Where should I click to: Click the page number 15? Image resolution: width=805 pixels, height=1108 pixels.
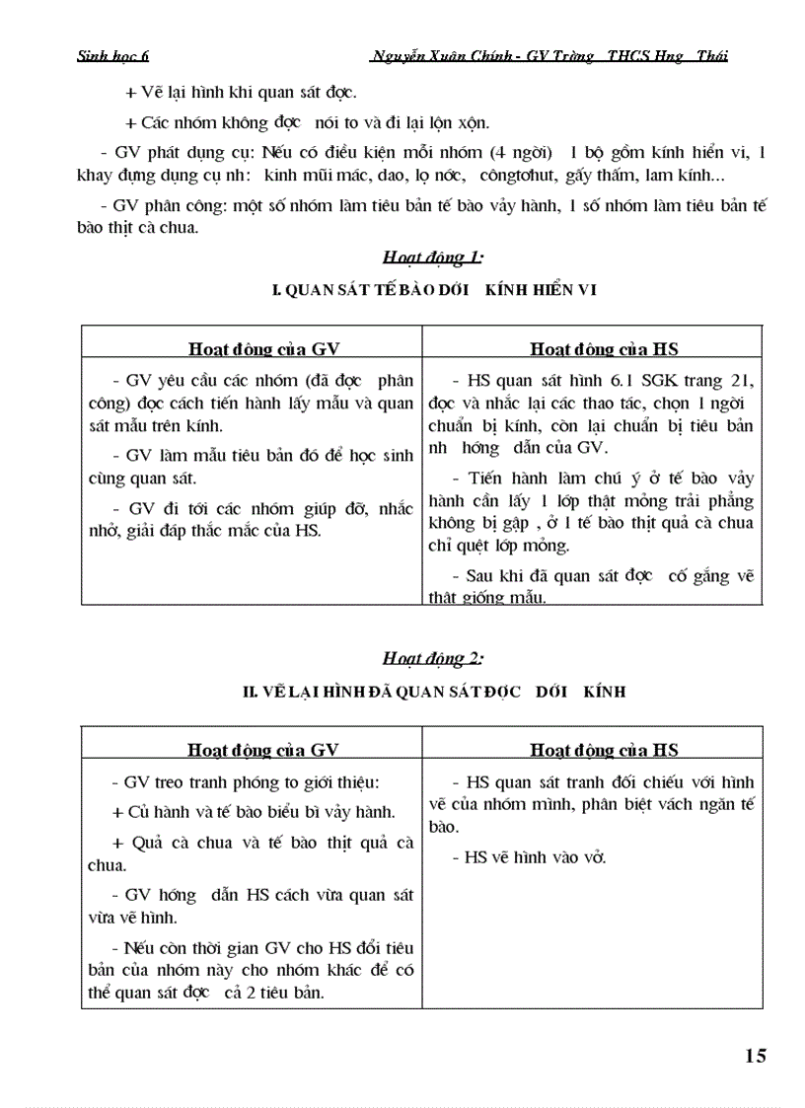click(x=755, y=1056)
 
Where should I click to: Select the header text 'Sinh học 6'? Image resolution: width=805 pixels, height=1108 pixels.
click(x=112, y=56)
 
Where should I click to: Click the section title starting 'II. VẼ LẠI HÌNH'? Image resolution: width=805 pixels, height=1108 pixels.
click(x=433, y=692)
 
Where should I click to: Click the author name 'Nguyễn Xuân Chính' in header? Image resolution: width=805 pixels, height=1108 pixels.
click(x=439, y=56)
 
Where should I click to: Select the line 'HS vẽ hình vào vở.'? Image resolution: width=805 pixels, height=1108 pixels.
click(x=535, y=857)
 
